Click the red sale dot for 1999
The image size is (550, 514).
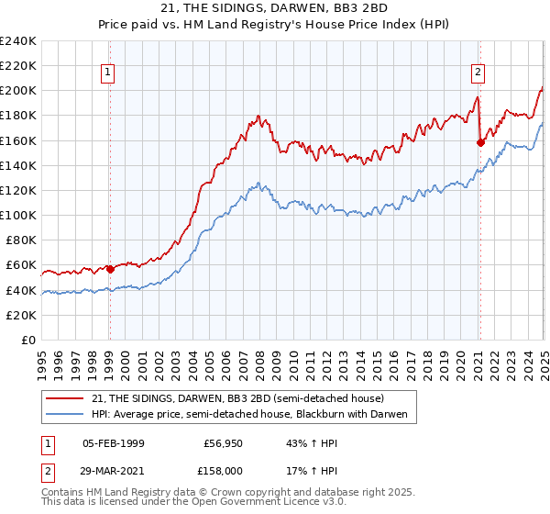coord(110,269)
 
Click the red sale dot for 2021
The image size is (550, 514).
coord(480,142)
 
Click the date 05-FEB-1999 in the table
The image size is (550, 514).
coord(113,442)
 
